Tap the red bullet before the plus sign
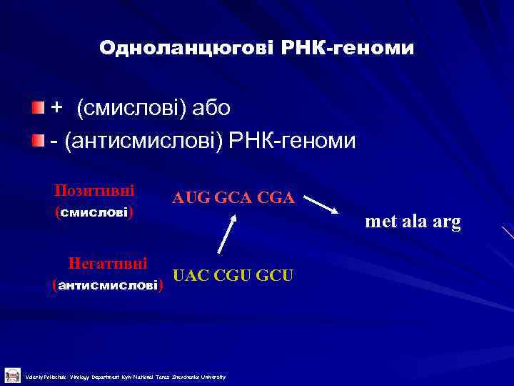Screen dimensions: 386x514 tap(37, 107)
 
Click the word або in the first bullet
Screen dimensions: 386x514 tap(211, 108)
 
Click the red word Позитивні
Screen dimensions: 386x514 tap(95, 192)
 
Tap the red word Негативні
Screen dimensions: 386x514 tap(108, 263)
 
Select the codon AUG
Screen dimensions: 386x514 tap(188, 198)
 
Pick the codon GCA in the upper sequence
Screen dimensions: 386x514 tap(232, 198)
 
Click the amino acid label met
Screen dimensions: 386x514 tap(378, 222)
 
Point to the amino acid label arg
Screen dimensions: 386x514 tap(445, 222)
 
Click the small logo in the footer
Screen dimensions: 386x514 tap(12, 375)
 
